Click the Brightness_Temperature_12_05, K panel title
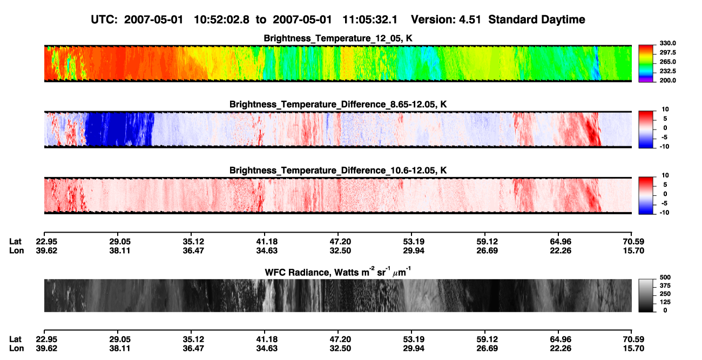(338, 38)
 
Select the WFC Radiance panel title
(337, 272)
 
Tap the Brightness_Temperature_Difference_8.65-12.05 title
(338, 104)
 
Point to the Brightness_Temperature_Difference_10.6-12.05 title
(338, 171)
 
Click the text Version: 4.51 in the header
(446, 19)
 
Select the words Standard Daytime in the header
(537, 20)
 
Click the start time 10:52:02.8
(221, 19)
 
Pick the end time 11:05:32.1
(370, 19)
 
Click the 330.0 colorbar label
(667, 43)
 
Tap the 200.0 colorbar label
(667, 80)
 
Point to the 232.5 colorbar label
(667, 71)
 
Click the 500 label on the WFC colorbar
(665, 277)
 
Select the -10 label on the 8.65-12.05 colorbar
(664, 146)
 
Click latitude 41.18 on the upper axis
(267, 242)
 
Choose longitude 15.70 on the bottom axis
(633, 349)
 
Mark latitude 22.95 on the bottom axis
(46, 339)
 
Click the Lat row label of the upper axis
(15, 242)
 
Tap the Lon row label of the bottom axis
(16, 349)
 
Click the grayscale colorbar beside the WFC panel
(646, 295)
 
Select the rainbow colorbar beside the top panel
(646, 64)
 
